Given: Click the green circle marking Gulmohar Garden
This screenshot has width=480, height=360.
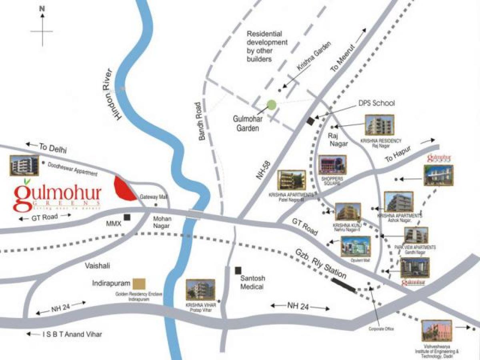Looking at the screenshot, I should tap(272, 105).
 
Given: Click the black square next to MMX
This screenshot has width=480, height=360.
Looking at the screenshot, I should tap(127, 218).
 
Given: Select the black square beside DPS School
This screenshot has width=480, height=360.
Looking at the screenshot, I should tap(310, 121).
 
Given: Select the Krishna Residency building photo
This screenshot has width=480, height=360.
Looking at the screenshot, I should tap(379, 125).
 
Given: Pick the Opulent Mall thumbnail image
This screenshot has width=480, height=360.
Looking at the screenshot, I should tap(356, 246).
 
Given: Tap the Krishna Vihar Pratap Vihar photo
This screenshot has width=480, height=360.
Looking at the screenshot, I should tap(200, 290).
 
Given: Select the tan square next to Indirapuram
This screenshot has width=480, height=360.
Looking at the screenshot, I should tap(139, 284).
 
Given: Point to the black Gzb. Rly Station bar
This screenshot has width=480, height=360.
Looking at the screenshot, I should tap(344, 285).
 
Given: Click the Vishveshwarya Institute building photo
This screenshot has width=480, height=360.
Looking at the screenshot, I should tap(436, 330).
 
